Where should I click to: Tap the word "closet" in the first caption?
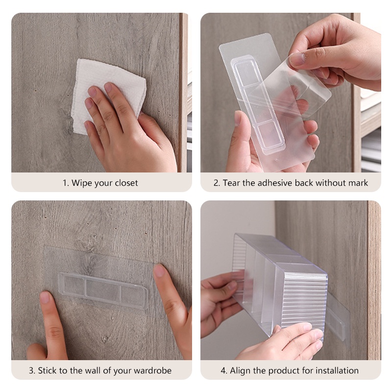pos(126,183)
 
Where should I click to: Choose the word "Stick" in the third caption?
pos(47,370)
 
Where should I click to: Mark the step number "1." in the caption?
pos(66,183)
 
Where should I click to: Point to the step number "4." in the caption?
pos(224,370)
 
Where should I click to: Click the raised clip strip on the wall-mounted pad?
pos(103,291)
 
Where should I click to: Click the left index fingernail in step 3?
pos(45,297)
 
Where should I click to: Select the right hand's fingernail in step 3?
pos(160,271)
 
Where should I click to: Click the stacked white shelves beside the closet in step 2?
pos(371,130)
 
